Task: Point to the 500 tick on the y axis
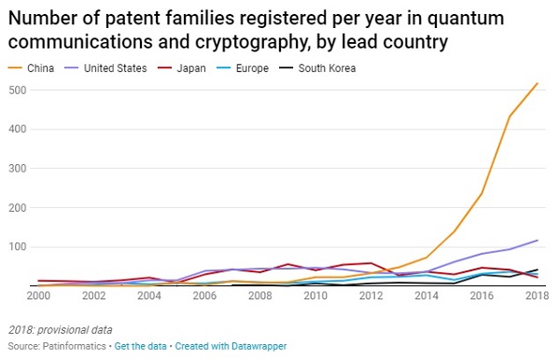click(x=18, y=90)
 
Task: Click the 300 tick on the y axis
click(x=18, y=169)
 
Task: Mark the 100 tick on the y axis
click(x=18, y=247)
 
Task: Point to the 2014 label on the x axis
click(x=427, y=298)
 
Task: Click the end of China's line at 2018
click(x=538, y=83)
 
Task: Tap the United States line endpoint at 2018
click(x=538, y=241)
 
